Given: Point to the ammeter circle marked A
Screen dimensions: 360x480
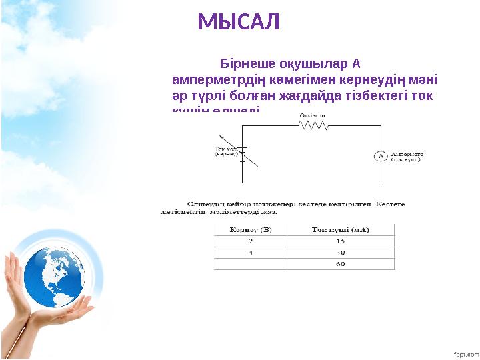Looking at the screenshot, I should tap(380, 156).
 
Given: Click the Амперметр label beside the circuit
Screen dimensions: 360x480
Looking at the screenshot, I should tap(407, 153).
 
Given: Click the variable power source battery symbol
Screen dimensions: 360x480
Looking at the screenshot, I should tap(243, 154).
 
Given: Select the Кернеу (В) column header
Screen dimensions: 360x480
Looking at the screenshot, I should tap(251, 229).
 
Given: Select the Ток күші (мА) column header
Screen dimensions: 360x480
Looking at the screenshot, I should tap(341, 229).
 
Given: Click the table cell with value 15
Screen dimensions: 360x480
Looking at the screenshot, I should tap(341, 241).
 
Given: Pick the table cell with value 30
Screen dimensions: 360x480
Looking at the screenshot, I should tap(341, 253).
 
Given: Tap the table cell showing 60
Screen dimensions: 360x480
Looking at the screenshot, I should tap(341, 265).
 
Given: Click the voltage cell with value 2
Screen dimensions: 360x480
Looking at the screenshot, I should tap(251, 241).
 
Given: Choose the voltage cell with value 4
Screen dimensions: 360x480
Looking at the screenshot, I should tap(251, 253).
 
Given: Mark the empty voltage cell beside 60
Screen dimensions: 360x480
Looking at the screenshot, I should tap(251, 265).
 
